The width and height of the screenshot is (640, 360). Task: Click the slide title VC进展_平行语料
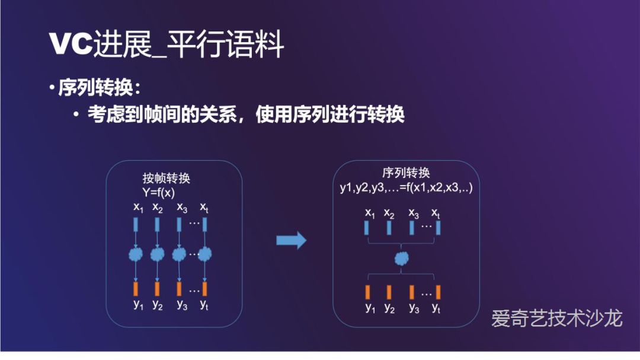coord(167,45)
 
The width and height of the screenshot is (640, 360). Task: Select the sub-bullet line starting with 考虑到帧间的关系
coord(246,114)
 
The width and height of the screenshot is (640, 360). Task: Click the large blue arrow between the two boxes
coord(291,240)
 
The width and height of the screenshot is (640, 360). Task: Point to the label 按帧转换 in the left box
coord(166,179)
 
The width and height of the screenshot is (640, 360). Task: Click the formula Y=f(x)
coord(158,192)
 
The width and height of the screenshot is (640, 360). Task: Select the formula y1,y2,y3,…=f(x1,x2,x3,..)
coord(406,187)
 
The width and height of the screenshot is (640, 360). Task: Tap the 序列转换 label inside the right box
coord(406,173)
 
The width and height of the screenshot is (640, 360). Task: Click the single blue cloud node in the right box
coord(402,258)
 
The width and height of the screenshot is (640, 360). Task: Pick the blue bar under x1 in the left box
coord(136,225)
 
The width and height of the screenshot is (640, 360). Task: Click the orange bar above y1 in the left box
coord(136,289)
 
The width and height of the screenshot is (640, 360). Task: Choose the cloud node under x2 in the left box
coord(157,255)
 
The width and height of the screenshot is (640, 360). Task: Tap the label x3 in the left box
coord(181,208)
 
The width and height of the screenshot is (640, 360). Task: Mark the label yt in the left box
coord(204,305)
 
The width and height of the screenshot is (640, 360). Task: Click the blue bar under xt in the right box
coord(439,228)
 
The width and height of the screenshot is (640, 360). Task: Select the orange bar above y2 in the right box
coord(389,292)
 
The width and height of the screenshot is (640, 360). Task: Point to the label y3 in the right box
coord(414,308)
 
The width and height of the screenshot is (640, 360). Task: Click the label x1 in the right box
coord(370,212)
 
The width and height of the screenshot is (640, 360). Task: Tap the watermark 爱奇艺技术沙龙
coord(556,318)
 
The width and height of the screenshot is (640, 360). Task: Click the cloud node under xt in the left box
coord(204,255)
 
